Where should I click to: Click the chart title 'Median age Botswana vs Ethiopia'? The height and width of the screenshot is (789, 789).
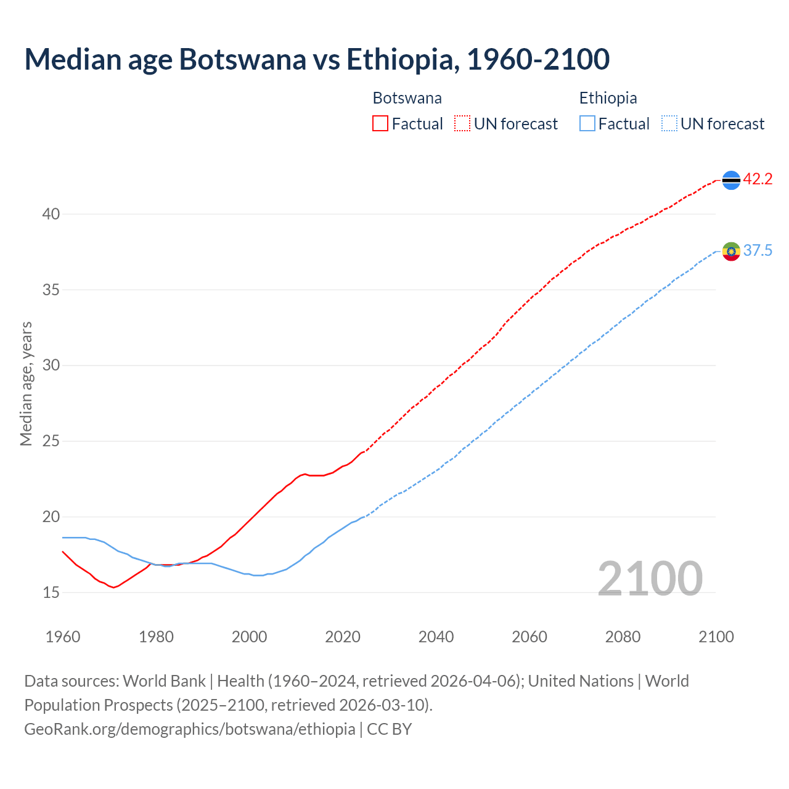(317, 60)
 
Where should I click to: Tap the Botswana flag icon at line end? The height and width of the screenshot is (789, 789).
(731, 180)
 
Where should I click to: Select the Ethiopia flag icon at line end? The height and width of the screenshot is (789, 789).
(731, 251)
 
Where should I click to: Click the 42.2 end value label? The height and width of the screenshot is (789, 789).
(758, 179)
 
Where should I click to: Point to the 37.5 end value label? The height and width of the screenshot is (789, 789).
(758, 251)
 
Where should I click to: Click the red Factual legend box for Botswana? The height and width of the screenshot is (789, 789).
(380, 124)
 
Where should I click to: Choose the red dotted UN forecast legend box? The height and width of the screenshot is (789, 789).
(462, 124)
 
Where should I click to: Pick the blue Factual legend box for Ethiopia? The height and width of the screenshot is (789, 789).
(587, 124)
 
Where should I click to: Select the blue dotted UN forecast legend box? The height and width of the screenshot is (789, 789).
(669, 124)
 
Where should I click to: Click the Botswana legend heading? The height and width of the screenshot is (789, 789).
(407, 98)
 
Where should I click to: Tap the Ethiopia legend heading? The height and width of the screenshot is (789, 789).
(608, 98)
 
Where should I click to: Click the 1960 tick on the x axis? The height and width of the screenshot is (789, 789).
(63, 637)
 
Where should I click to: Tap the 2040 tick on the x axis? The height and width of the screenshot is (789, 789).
(436, 637)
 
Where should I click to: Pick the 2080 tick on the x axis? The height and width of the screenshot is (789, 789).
(623, 637)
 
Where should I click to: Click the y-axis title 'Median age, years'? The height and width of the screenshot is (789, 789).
(26, 383)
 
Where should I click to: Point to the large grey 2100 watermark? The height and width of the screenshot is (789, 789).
(650, 578)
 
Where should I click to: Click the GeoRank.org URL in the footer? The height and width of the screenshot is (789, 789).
(190, 729)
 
